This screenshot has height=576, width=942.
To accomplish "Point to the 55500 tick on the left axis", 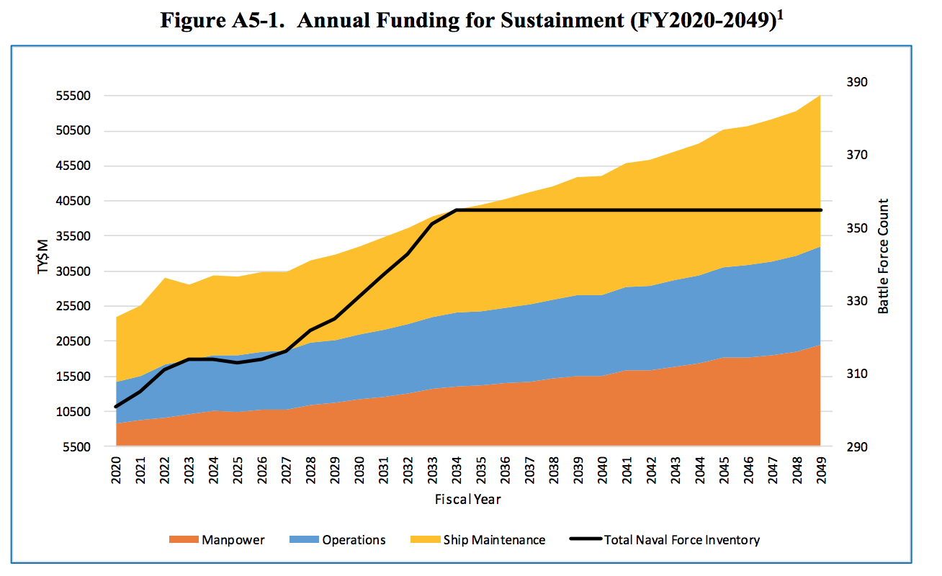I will [x=74, y=96].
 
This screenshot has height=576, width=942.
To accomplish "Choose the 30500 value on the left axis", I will [x=74, y=272].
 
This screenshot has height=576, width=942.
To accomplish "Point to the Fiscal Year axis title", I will [x=468, y=499].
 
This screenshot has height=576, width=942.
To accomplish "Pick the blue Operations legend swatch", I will [x=303, y=540].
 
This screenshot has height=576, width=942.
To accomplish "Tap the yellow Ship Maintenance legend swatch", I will [x=424, y=540].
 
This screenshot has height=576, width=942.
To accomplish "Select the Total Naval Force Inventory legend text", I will [x=681, y=540].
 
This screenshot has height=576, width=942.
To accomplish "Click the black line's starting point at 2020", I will [x=116, y=407].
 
